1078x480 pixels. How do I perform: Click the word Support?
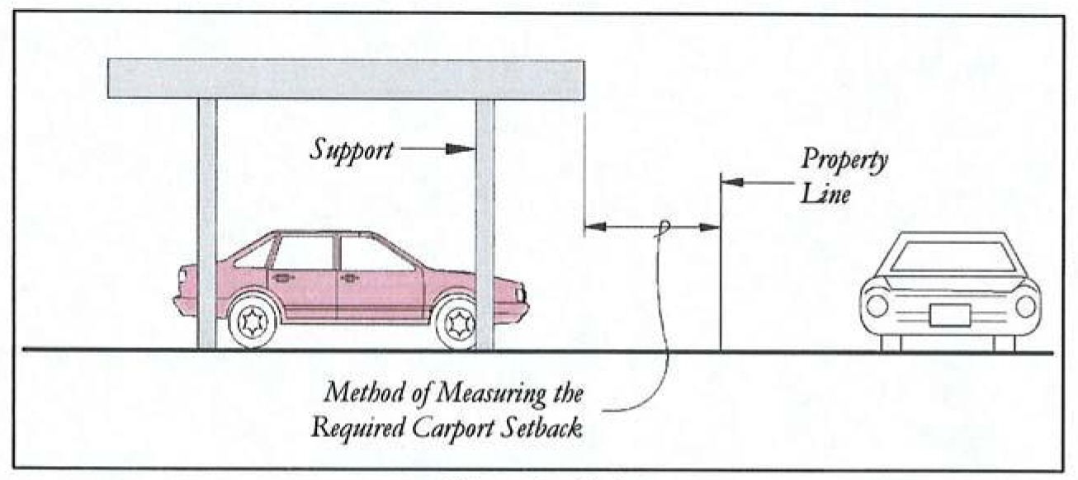tap(351, 150)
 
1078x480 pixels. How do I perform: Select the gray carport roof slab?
tap(346, 79)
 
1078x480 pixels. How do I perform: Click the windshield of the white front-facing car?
tap(953, 256)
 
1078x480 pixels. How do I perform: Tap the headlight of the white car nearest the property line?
tap(877, 305)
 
